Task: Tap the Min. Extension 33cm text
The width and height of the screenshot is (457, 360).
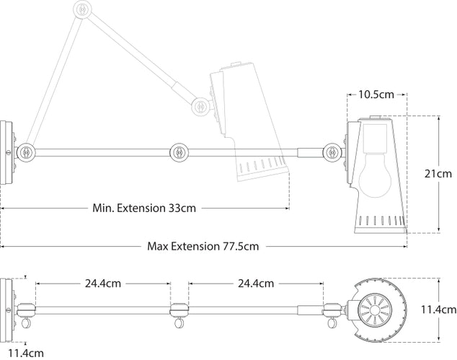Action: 144,208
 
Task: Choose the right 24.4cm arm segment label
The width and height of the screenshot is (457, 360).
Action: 255,284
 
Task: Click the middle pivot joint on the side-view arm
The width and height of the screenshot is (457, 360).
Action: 177,152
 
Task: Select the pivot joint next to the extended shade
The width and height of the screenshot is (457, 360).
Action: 332,152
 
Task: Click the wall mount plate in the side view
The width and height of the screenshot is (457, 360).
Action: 7,153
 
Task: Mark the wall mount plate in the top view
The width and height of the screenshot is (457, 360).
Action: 7,303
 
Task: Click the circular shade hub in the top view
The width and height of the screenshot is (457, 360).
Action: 378,312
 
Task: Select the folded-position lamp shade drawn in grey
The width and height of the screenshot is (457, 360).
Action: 245,123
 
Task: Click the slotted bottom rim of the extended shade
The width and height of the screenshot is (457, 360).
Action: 379,219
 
